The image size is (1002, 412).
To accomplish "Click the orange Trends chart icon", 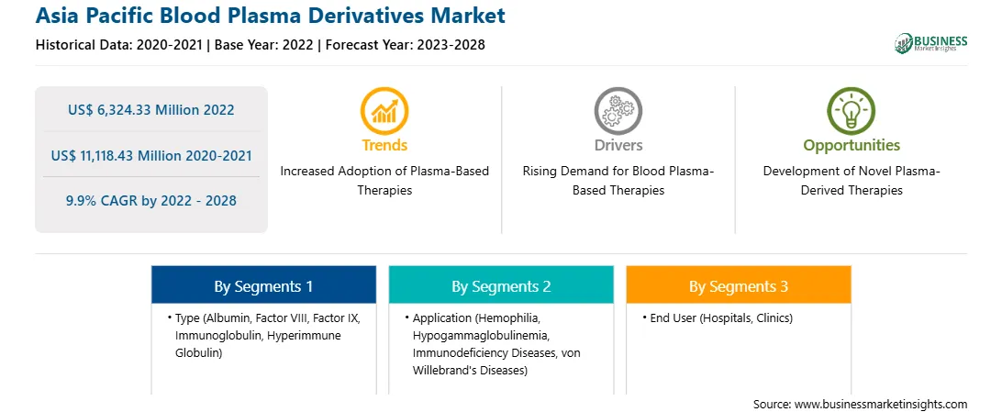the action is click(384, 110).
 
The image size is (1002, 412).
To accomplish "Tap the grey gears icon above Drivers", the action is click(618, 110).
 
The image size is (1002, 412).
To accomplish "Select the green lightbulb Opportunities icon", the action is click(852, 110).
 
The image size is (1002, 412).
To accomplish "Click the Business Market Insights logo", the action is click(931, 43).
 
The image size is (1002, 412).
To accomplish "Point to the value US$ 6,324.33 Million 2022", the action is click(150, 110).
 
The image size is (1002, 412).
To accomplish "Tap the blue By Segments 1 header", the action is click(264, 286).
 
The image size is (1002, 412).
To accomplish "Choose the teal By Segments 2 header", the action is click(501, 286).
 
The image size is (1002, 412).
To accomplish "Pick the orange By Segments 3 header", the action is click(739, 286).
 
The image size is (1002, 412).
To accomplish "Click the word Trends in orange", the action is click(384, 145).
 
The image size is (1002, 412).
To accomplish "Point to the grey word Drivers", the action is click(618, 145).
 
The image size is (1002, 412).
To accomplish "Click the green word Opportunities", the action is click(852, 145).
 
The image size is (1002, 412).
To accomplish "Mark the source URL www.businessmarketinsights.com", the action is click(881, 404).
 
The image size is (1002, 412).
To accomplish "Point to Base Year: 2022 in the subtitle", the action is click(264, 45).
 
